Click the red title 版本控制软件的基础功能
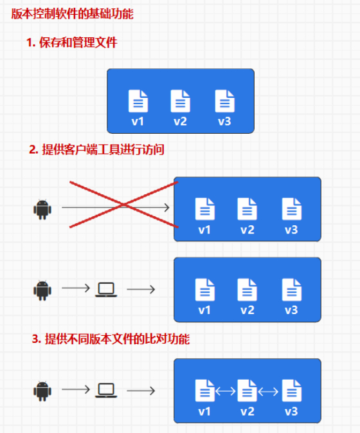pos(72,14)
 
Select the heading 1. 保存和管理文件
pos(72,42)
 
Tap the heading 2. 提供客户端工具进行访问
pos(96,150)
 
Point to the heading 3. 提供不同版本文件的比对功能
pos(111,339)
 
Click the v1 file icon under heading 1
pos(138,101)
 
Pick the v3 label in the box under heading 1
pos(224,122)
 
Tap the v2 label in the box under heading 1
pos(181,122)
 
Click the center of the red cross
pos(123,205)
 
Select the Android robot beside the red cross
pos(42,210)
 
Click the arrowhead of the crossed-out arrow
pos(167,207)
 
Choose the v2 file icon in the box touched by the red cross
pos(247,209)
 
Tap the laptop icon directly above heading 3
pos(106,290)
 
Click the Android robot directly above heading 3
pos(42,291)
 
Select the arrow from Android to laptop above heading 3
pos(76,288)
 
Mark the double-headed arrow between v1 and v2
pos(226,391)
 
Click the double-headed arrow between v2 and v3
pos(269,391)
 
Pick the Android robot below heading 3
pos(42,391)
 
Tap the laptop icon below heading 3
pos(106,391)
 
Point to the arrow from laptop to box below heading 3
pos(141,391)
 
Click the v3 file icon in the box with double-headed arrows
pos(292,391)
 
